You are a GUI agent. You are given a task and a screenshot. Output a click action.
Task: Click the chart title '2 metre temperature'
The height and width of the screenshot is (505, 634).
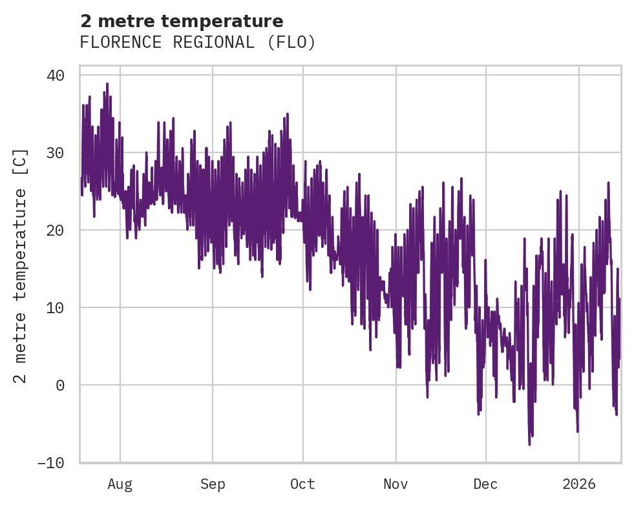(182, 21)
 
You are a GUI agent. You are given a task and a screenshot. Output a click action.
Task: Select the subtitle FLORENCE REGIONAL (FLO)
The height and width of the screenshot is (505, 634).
(198, 43)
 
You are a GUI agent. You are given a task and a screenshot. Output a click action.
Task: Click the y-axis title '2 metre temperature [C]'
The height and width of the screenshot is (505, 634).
(21, 267)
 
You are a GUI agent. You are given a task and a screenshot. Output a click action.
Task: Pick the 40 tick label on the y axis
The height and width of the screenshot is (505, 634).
(56, 76)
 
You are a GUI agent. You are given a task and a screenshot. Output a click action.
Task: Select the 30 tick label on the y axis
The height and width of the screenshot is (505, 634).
(56, 153)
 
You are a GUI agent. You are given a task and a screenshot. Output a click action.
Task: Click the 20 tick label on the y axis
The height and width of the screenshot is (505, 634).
(56, 231)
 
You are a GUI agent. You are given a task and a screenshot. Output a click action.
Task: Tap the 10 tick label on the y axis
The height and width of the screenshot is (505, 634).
(56, 308)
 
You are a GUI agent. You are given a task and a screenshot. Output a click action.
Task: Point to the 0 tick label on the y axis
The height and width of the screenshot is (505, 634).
(60, 386)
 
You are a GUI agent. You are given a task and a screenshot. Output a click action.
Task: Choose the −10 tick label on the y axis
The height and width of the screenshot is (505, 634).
(51, 463)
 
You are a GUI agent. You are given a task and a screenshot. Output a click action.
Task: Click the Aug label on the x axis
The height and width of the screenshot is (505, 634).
(120, 484)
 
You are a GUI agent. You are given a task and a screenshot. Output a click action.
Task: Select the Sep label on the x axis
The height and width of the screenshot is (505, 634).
(212, 484)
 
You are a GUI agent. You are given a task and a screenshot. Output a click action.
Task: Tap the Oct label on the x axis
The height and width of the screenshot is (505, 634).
(302, 484)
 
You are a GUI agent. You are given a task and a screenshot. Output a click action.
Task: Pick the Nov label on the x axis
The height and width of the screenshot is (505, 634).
(396, 484)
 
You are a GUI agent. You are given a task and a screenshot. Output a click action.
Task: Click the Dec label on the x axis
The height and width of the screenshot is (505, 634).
(485, 484)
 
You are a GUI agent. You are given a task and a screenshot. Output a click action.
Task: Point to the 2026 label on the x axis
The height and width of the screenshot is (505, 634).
(579, 484)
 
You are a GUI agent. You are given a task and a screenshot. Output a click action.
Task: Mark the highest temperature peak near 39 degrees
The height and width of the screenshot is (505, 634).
(107, 84)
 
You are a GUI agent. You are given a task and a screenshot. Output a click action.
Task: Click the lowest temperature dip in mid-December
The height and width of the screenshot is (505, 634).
(529, 444)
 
